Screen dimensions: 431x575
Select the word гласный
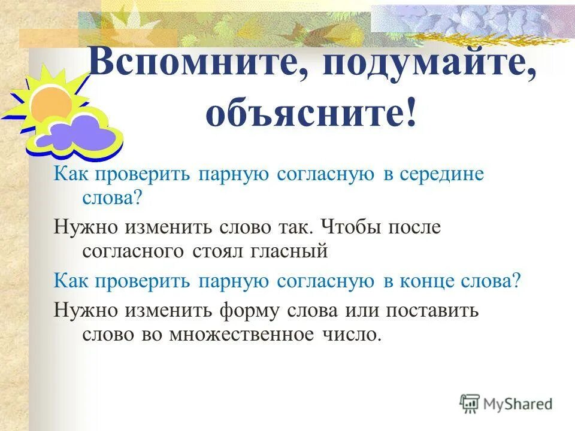(292, 250)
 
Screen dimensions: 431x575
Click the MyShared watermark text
(517, 404)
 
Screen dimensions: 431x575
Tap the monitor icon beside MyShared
(470, 404)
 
